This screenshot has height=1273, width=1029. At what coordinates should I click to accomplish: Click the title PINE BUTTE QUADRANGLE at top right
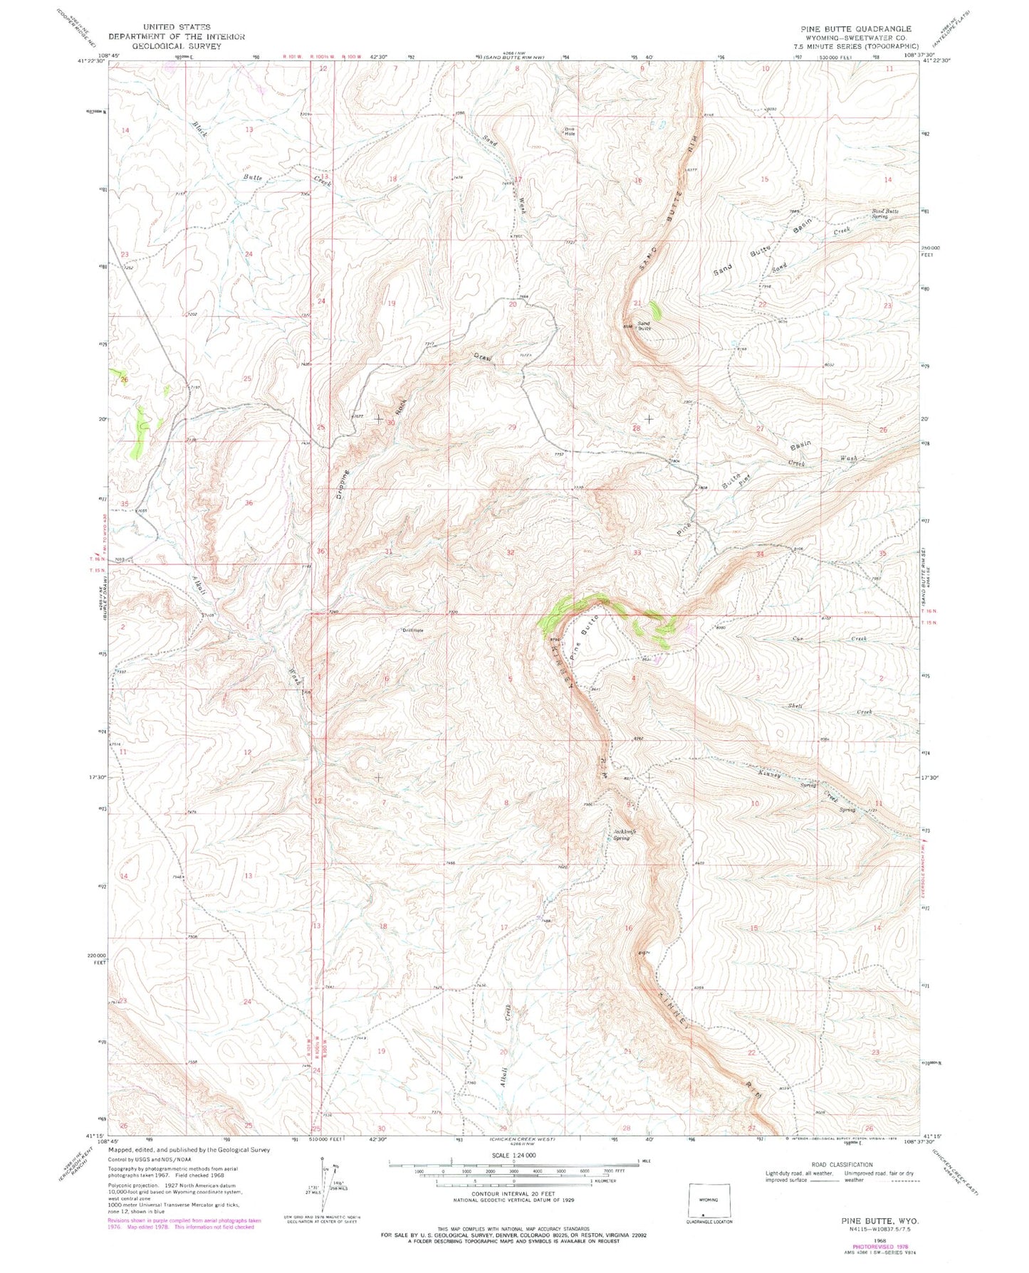[855, 29]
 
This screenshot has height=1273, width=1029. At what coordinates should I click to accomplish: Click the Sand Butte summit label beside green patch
[643, 326]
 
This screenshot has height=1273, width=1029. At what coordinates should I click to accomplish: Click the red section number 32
[511, 552]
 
